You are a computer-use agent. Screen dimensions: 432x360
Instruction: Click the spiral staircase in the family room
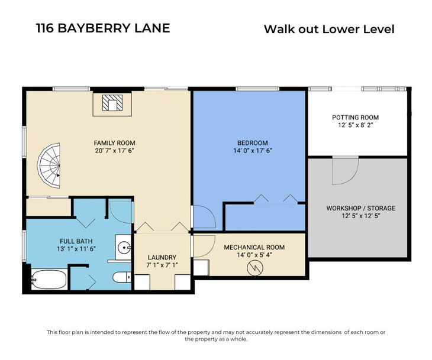[x=49, y=166]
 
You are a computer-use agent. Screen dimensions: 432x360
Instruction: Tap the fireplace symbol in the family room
[x=112, y=103]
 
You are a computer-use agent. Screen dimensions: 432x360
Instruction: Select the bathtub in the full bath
[x=49, y=280]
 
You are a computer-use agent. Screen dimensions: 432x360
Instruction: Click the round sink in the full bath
[x=124, y=248]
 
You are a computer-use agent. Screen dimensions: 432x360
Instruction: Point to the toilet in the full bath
[x=122, y=277]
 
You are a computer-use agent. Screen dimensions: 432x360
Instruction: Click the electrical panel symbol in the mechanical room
[x=255, y=268]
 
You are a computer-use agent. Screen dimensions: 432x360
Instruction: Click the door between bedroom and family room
[x=204, y=217]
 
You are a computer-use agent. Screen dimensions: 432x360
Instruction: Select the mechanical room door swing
[x=204, y=247]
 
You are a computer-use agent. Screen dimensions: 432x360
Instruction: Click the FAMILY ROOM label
[x=114, y=143]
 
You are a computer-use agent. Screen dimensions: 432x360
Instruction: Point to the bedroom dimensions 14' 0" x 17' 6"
[x=253, y=151]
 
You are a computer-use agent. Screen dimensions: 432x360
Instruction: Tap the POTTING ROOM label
[x=355, y=118]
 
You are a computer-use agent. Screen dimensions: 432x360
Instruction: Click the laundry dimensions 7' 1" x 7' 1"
[x=162, y=265]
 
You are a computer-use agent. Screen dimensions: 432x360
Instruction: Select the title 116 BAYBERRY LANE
[x=103, y=28]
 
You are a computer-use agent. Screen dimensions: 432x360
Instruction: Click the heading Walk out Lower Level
[x=329, y=29]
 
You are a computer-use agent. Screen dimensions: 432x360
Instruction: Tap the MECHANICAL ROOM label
[x=254, y=247]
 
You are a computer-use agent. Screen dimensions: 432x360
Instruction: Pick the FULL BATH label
[x=76, y=241]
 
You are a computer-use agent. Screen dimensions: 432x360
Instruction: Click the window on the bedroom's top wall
[x=257, y=89]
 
